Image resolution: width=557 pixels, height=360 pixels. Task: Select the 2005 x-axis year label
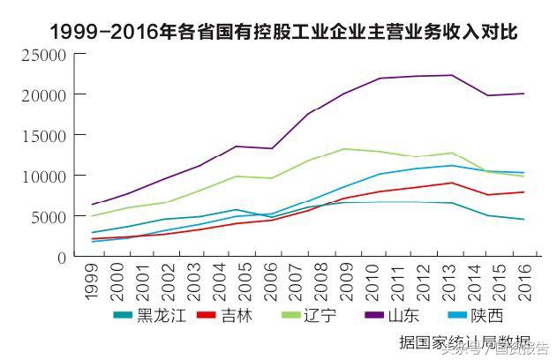coord(237,281)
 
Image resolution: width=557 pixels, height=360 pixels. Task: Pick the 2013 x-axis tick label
coord(429,281)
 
